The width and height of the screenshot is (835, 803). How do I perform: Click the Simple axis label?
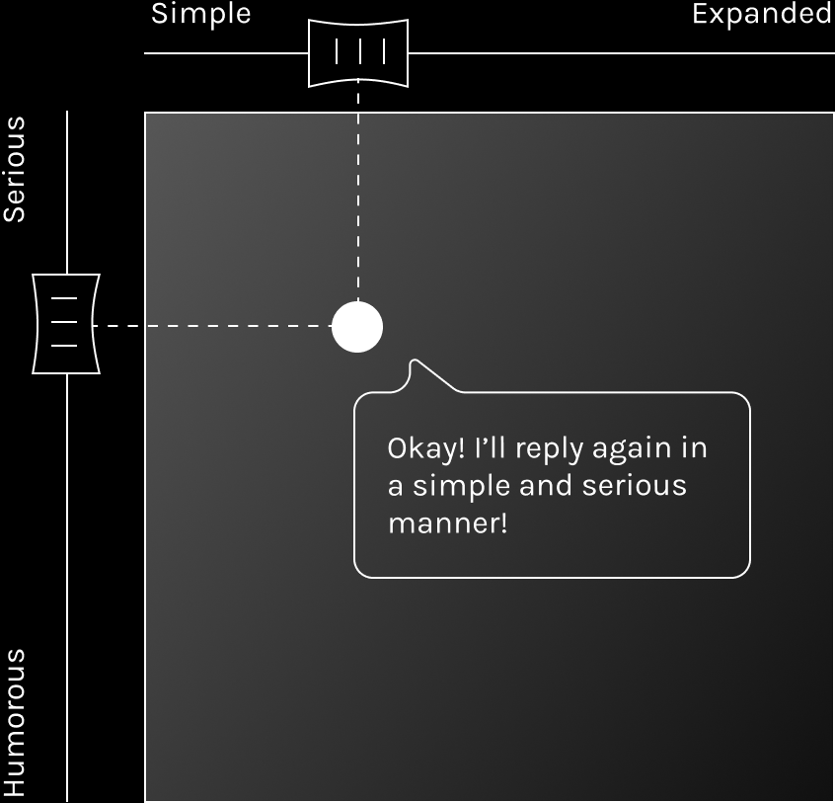point(200,14)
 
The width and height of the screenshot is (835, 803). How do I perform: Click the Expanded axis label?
point(761,14)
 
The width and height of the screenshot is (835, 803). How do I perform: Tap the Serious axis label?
point(15,169)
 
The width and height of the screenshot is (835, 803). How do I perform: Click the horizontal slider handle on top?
point(358,52)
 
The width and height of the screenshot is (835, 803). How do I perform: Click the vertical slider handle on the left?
point(66,324)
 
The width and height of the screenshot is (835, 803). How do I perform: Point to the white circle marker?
point(356,327)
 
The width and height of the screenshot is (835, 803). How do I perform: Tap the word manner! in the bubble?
point(447,522)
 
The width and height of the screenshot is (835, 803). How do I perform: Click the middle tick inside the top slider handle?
point(358,51)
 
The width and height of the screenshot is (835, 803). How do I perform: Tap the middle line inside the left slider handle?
point(64,322)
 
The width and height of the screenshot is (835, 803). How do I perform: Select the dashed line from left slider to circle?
point(217,325)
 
